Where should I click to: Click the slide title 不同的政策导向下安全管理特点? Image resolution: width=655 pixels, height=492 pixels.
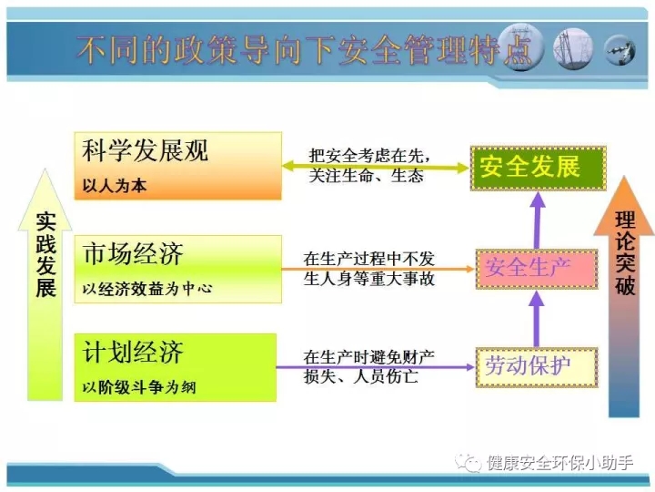(304, 50)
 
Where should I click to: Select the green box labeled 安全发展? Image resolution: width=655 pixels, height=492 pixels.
(538, 169)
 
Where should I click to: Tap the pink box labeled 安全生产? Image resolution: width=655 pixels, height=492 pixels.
(537, 269)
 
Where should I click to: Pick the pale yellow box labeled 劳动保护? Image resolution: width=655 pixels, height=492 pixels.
(537, 367)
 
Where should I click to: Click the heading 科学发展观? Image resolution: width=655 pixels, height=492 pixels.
(145, 150)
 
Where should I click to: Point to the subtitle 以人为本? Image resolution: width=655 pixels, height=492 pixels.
(115, 185)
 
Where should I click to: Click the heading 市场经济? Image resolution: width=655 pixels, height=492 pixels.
(133, 253)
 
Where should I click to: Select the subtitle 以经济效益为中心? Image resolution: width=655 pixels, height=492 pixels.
(147, 288)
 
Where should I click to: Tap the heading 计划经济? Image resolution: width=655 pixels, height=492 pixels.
(133, 352)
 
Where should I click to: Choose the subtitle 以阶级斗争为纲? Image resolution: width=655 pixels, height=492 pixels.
(139, 387)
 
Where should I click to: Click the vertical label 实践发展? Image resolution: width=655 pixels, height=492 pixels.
(46, 255)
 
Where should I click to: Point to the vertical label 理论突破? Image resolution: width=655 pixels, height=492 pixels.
(625, 253)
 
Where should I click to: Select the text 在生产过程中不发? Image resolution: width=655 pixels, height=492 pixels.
(369, 259)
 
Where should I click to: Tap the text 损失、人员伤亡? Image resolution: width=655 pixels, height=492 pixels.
(361, 376)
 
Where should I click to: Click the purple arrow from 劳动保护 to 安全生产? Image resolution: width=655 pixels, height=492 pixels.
(537, 319)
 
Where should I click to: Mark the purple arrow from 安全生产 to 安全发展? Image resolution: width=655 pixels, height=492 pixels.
(538, 220)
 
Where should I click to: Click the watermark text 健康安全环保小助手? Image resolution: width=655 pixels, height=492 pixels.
(560, 462)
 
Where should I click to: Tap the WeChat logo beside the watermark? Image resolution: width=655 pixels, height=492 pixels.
(469, 463)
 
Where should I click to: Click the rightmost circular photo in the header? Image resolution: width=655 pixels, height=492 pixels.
(620, 50)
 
